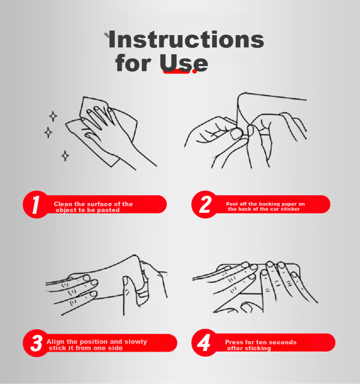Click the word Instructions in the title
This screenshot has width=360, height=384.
coord(186,39)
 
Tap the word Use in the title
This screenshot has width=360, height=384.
coord(184,63)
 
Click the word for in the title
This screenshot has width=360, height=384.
coord(134,63)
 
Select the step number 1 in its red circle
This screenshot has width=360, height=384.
coord(36,204)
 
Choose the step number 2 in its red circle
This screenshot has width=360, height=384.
coord(205,204)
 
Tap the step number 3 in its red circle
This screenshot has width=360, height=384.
coord(36,343)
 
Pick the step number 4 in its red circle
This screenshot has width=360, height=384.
coord(204,342)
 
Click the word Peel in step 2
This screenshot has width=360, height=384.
coord(232,204)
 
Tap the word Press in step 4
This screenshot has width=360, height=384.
coord(234,342)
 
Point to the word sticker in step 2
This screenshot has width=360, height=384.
coord(290,209)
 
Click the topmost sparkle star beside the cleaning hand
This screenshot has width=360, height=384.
coord(53,116)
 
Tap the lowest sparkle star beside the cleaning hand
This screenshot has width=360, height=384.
coord(65,156)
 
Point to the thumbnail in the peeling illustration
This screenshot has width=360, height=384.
coord(236,134)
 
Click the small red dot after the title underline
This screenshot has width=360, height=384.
coord(194,71)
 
